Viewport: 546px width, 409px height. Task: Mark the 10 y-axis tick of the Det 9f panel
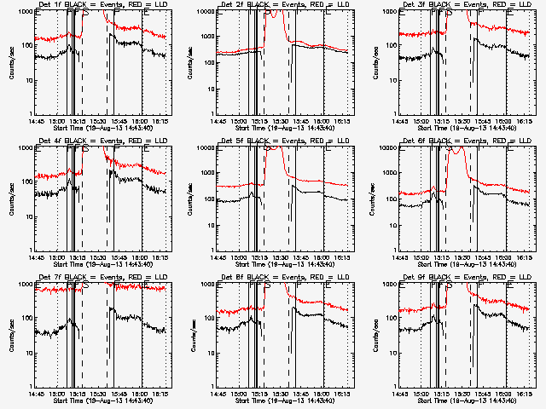[391, 353]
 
